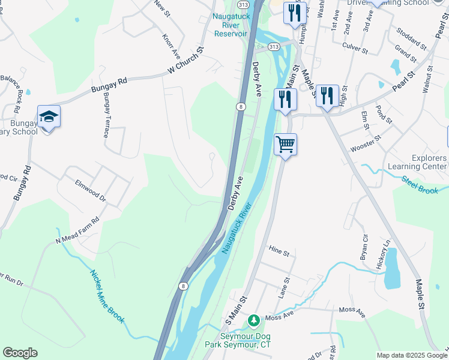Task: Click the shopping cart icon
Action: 285,144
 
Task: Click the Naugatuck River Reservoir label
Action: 230,25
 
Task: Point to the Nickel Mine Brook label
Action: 107,296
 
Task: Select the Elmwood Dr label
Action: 90,190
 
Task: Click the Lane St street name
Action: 284,288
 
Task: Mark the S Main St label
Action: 236,308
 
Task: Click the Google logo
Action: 20,353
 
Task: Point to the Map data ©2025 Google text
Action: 412,355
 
